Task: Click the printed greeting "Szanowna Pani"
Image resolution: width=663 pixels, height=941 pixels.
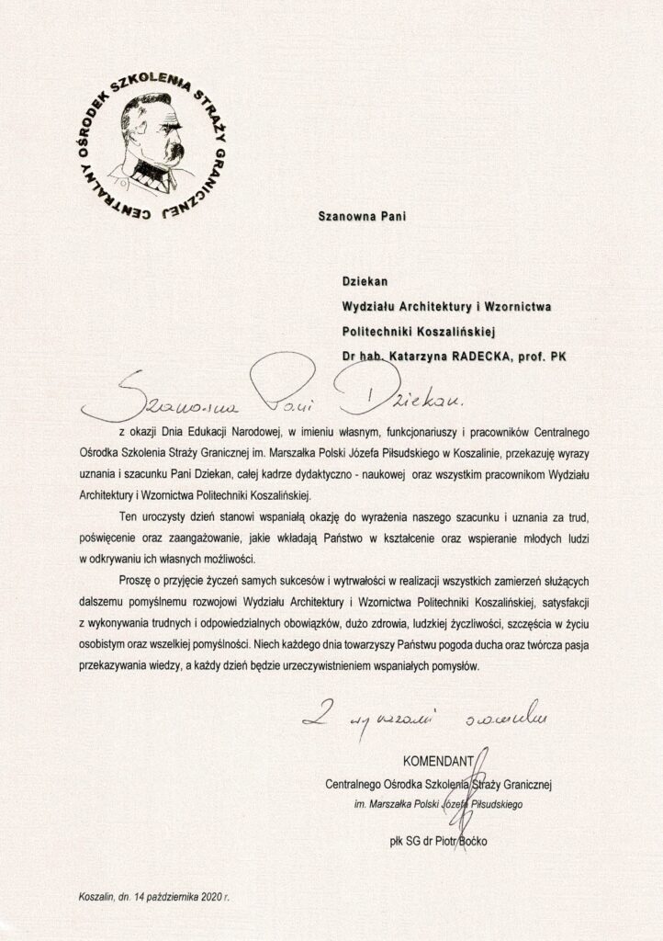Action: (361, 218)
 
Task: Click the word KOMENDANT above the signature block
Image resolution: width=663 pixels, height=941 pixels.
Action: (437, 761)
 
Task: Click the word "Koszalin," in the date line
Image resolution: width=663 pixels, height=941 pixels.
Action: (96, 896)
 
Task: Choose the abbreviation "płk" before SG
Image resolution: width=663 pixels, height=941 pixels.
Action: (399, 838)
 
